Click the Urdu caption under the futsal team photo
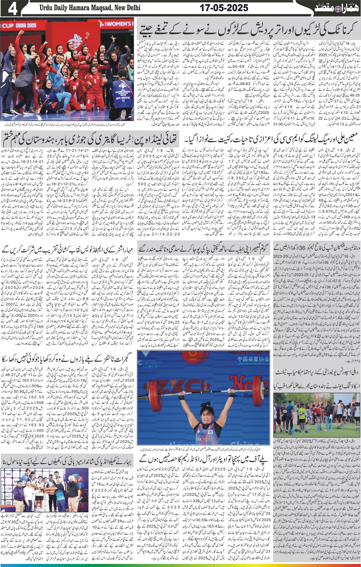pos(67,124)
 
